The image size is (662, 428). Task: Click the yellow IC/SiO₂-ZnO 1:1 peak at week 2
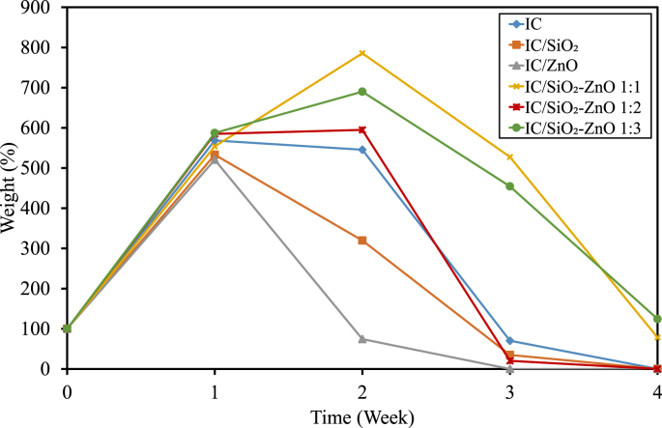362,53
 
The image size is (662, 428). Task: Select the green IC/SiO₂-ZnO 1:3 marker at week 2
362,92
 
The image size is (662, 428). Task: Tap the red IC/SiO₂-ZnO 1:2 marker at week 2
362,129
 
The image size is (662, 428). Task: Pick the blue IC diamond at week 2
362,150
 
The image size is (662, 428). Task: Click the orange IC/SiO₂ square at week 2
362,241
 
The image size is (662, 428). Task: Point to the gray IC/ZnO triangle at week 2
362,339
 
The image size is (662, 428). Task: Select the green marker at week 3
510,186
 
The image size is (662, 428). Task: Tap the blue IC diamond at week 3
510,341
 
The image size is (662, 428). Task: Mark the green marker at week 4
657,319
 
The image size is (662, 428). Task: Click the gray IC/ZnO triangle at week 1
215,158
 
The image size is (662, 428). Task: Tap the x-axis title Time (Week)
362,416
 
